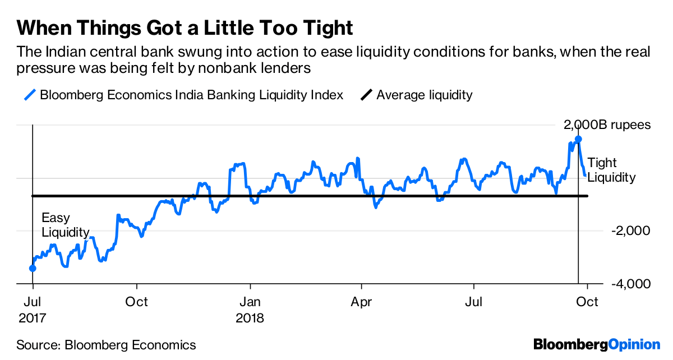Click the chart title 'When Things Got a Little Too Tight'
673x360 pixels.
185,27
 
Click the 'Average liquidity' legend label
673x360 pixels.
425,95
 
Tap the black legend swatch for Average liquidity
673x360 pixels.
367,95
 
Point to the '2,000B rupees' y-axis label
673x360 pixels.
607,124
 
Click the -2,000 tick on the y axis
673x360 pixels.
627,231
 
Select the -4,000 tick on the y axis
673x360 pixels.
627,284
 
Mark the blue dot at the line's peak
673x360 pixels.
578,139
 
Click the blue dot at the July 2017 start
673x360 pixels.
33,268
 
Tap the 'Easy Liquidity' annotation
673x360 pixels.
65,225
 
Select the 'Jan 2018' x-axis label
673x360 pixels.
250,310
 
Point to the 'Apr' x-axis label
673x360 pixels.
361,302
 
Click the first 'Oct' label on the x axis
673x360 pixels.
137,302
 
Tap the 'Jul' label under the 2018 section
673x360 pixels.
474,302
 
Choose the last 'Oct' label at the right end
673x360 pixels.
587,302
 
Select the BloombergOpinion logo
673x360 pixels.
597,344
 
